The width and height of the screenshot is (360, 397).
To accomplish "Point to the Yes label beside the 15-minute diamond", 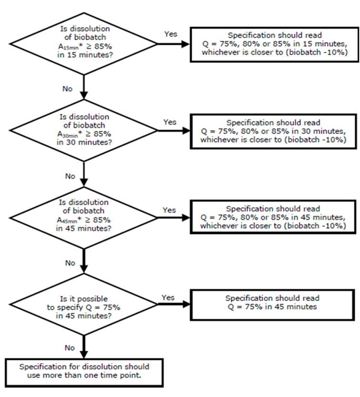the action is pyautogui.click(x=171, y=34).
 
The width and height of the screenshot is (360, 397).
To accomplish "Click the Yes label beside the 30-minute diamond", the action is pyautogui.click(x=170, y=122).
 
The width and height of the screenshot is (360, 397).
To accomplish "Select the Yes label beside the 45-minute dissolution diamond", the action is pyautogui.click(x=169, y=210).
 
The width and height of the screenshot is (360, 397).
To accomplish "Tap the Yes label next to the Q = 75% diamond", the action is pyautogui.click(x=168, y=297).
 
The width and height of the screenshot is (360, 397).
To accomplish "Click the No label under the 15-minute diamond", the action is pyautogui.click(x=68, y=89).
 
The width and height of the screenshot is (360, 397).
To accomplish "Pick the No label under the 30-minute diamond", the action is pyautogui.click(x=70, y=176).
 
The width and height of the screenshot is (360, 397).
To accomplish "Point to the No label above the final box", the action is pyautogui.click(x=70, y=348).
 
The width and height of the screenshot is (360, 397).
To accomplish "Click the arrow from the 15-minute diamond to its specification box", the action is pyautogui.click(x=174, y=44).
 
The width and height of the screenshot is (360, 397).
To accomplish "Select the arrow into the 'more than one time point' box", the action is pyautogui.click(x=84, y=346).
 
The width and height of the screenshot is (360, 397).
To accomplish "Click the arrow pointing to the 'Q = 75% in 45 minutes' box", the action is pyautogui.click(x=174, y=304).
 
